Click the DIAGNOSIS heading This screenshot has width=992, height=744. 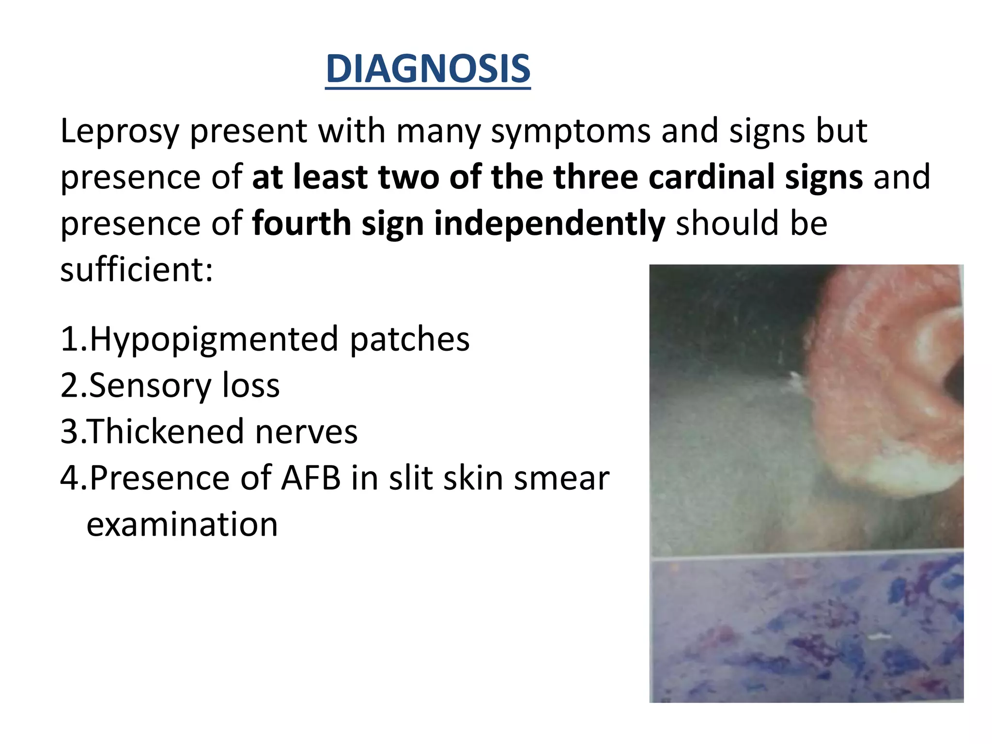click(428, 69)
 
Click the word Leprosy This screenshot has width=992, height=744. click(119, 132)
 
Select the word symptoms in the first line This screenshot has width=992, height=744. click(570, 132)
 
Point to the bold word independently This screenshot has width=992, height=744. click(549, 224)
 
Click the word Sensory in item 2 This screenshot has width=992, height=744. click(150, 386)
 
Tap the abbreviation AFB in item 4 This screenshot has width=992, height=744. click(311, 479)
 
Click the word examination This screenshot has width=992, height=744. click(182, 525)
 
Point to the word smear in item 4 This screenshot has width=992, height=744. click(561, 479)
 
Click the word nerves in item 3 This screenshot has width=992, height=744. click(306, 432)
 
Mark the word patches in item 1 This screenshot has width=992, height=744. click(409, 339)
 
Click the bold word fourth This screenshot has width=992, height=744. click(301, 224)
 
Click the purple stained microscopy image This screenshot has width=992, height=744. click(806, 630)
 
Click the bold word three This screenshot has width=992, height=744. click(595, 177)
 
